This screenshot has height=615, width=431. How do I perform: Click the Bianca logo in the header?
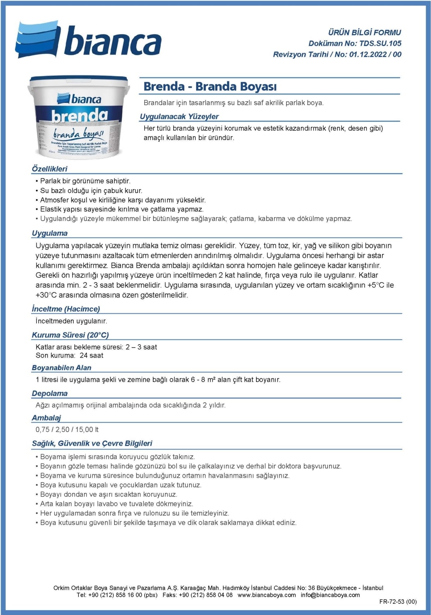pyautogui.click(x=88, y=40)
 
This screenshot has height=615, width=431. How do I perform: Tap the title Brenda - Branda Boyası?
pyautogui.click(x=210, y=87)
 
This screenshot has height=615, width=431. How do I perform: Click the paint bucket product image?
pyautogui.click(x=78, y=117)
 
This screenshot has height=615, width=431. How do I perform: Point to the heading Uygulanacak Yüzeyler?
pyautogui.click(x=179, y=116)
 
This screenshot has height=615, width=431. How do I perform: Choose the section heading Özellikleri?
pyautogui.click(x=50, y=169)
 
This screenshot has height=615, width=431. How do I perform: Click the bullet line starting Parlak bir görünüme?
pyautogui.click(x=85, y=181)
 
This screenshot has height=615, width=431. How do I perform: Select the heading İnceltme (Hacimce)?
pyautogui.click(x=66, y=309)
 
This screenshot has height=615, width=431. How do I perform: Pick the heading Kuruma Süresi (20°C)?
pyautogui.click(x=70, y=335)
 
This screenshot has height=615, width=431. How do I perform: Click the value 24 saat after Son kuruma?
pyautogui.click(x=91, y=355)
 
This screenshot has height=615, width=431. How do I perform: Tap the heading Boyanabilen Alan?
pyautogui.click(x=61, y=368)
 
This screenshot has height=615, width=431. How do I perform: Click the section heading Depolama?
pyautogui.click(x=50, y=394)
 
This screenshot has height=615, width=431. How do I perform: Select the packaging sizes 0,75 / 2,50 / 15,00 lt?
pyautogui.click(x=67, y=430)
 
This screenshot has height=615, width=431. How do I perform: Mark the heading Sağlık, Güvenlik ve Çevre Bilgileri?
pyautogui.click(x=92, y=443)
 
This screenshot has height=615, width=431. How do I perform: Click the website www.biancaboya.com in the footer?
pyautogui.click(x=266, y=595)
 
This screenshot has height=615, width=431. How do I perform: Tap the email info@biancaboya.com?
pyautogui.click(x=330, y=595)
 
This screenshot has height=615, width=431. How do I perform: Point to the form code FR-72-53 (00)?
pyautogui.click(x=397, y=602)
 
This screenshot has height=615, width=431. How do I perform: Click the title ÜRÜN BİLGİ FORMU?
pyautogui.click(x=364, y=32)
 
